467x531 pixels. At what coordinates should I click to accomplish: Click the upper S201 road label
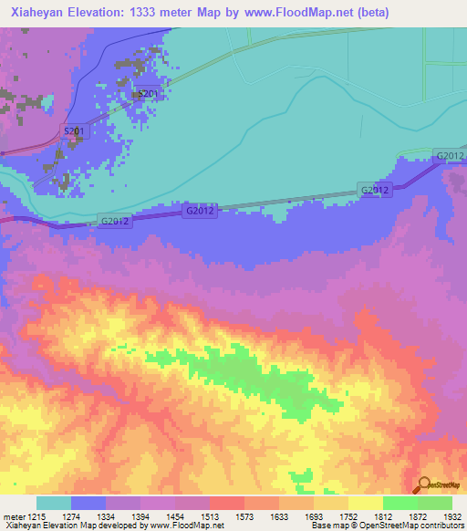point(148,94)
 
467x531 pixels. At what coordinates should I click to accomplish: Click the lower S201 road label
point(74,131)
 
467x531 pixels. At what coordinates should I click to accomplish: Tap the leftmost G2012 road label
point(116,221)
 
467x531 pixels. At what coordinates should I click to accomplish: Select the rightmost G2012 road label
point(451,156)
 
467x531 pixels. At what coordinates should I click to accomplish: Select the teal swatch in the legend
point(54,503)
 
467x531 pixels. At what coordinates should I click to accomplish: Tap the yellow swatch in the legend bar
point(365,503)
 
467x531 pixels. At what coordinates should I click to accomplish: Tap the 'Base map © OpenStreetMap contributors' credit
point(384,526)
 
